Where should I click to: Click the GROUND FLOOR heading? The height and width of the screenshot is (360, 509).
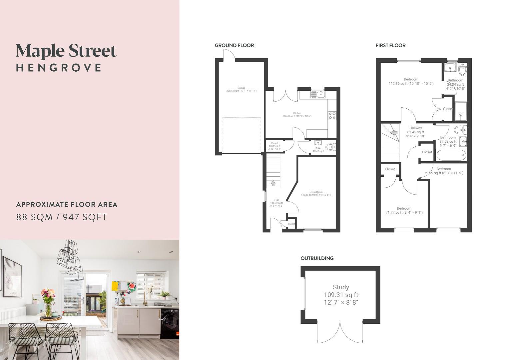pos(234,45)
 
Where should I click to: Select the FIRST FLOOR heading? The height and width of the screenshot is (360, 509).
pos(390,45)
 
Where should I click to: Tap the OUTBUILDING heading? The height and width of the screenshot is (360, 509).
pos(317,258)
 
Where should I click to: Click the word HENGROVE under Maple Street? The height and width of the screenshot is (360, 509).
pos(59,68)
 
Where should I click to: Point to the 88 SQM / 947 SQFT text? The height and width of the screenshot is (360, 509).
pos(62,217)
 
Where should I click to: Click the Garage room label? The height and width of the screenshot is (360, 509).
pos(241,88)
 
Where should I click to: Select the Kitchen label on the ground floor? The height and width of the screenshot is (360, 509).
pos(296,113)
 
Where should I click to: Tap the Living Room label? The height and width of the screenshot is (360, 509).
pos(316,192)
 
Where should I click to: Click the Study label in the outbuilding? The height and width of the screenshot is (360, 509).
pos(341,287)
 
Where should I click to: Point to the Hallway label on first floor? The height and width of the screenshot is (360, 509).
pos(415,128)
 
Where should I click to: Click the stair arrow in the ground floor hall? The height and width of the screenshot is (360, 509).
pos(273,183)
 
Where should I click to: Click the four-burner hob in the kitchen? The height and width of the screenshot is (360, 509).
pos(332,115)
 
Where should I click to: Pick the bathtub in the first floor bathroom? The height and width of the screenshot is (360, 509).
pos(449,155)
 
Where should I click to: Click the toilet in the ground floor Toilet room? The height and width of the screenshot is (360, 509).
pos(330,146)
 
